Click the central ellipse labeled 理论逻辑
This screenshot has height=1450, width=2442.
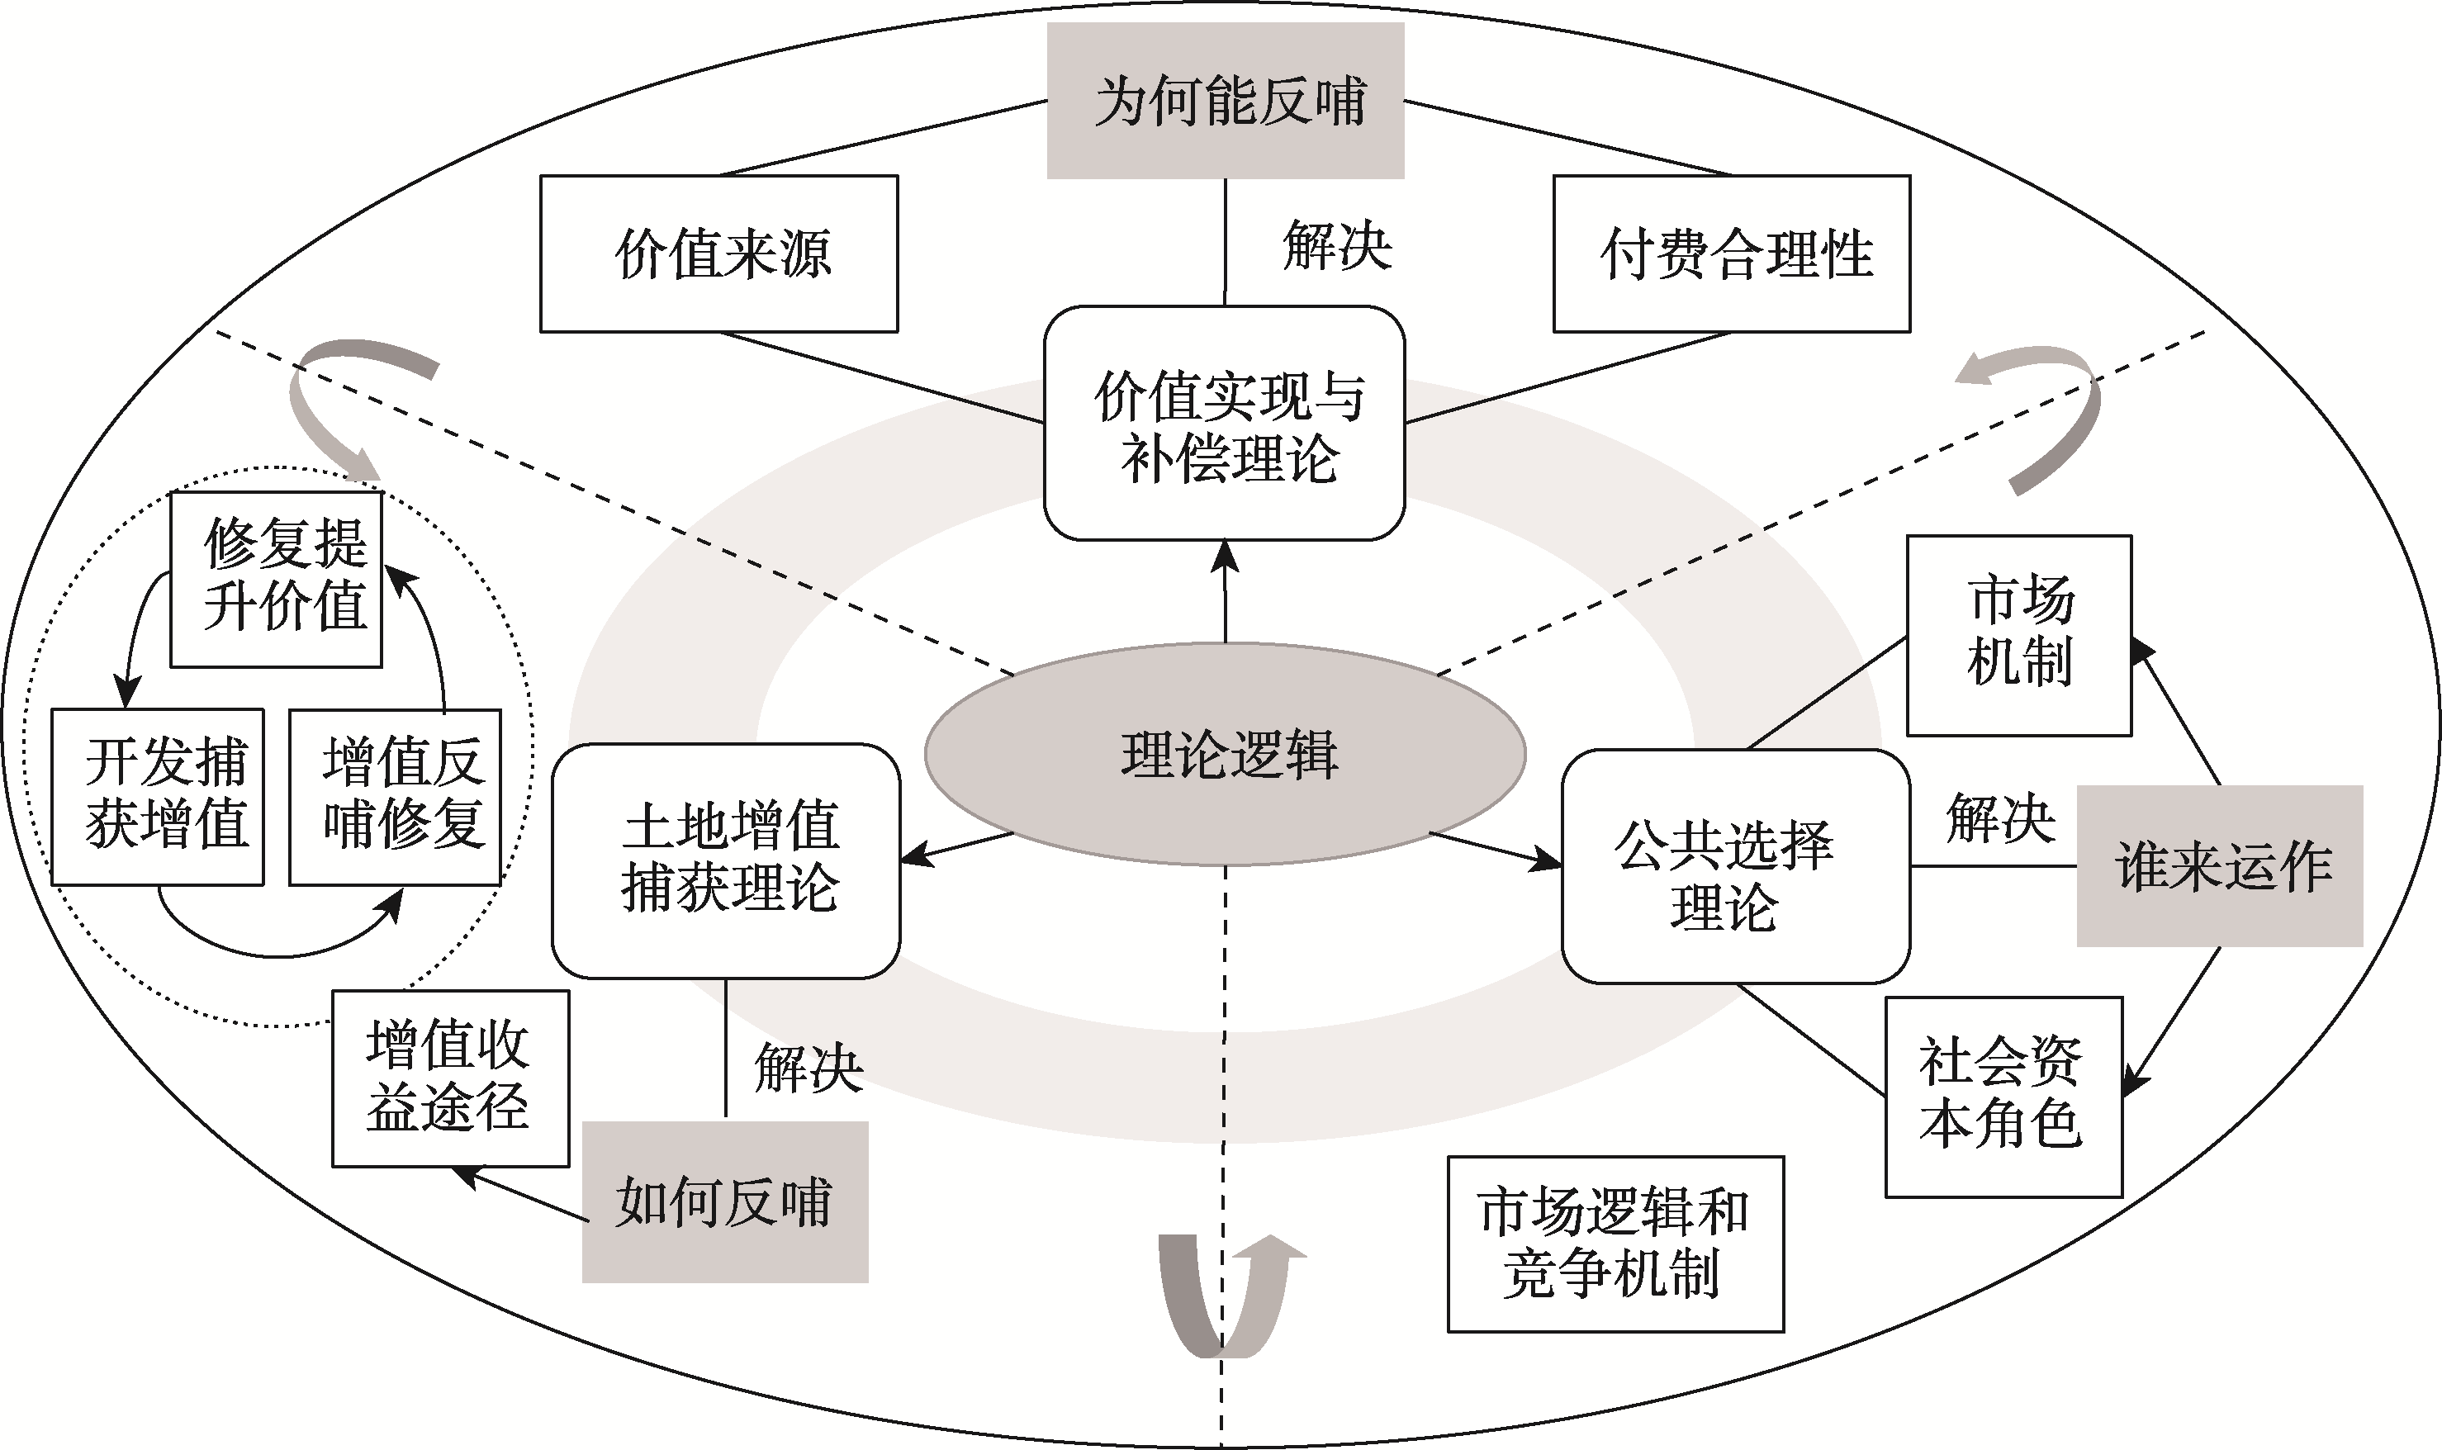pos(1225,753)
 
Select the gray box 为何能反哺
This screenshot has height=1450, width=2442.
pos(1226,101)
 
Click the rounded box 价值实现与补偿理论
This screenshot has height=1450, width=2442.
pos(1225,423)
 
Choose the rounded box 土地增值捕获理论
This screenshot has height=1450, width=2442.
pos(726,860)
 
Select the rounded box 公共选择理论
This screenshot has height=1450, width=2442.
pos(1734,867)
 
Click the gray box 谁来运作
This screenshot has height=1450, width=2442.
pos(2219,865)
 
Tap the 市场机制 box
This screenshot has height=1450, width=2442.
pos(2019,635)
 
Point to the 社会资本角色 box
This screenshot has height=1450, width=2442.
pos(2003,1097)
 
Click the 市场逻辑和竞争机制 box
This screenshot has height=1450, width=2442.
pos(1615,1244)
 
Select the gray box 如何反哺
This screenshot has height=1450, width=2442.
pos(725,1201)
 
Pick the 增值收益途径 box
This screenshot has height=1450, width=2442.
pos(450,1078)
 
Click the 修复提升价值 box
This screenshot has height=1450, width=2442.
pos(277,580)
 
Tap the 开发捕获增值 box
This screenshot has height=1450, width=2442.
pos(158,796)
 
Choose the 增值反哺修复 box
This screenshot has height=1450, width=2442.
pos(396,796)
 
